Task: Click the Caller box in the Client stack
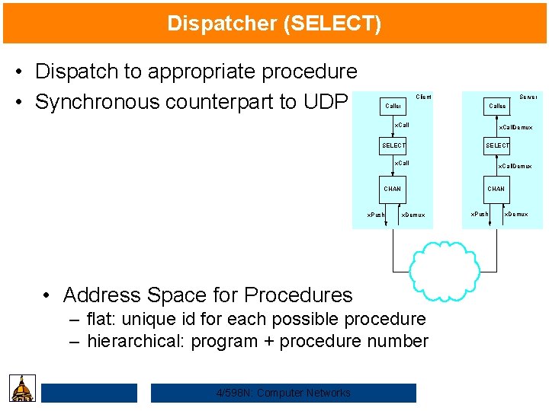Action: pyautogui.click(x=393, y=107)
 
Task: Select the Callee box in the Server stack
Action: pyautogui.click(x=497, y=107)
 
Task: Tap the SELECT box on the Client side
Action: pyautogui.click(x=393, y=145)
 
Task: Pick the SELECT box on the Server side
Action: pyautogui.click(x=497, y=145)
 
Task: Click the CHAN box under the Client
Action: pyautogui.click(x=393, y=189)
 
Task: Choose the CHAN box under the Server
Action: pyautogui.click(x=496, y=189)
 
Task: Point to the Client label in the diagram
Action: pyautogui.click(x=423, y=97)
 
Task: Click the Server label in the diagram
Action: pyautogui.click(x=528, y=97)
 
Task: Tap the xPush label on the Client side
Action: pyautogui.click(x=376, y=215)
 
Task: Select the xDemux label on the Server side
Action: pyautogui.click(x=516, y=215)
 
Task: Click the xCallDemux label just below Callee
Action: pyautogui.click(x=515, y=128)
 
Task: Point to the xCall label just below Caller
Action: pyautogui.click(x=401, y=125)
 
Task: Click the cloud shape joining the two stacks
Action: pyautogui.click(x=445, y=268)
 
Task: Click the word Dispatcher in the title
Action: pyautogui.click(x=223, y=24)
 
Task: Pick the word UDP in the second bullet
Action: pyautogui.click(x=329, y=102)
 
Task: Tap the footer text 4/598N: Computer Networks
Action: pyautogui.click(x=284, y=393)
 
